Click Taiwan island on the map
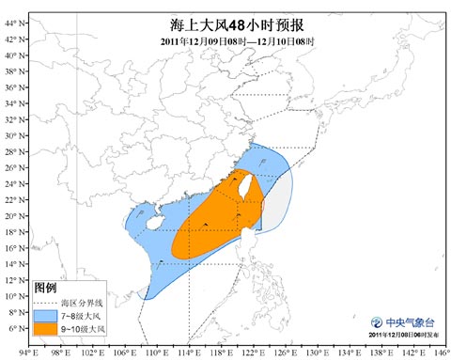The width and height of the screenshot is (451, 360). [x=249, y=186]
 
